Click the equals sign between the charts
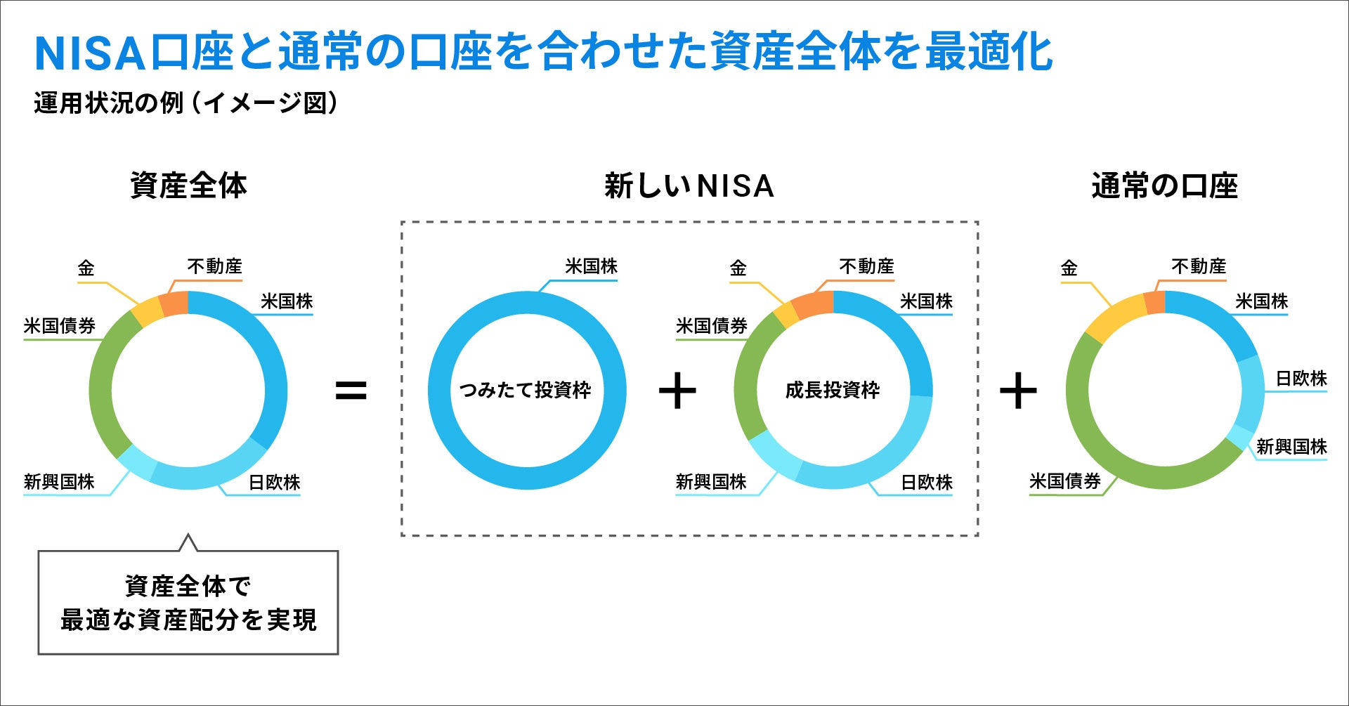coord(351,391)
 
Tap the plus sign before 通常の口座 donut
coord(1018,391)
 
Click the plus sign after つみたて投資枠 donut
coord(677,391)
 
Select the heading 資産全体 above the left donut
coord(188,186)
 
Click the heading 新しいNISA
coord(689,186)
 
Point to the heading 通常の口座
coord(1164,186)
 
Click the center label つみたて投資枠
coord(526,390)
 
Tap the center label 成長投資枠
coord(833,390)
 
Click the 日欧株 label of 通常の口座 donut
coord(1301,379)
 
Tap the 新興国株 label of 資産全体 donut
coord(59,482)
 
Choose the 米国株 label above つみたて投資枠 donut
coord(591,267)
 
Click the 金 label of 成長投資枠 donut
coord(738,268)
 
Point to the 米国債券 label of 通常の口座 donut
coord(1064,482)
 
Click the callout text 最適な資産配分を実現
coord(188,620)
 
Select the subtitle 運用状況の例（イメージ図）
coord(185,104)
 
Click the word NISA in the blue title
coord(90,53)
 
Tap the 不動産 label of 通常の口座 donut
coord(1199,267)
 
